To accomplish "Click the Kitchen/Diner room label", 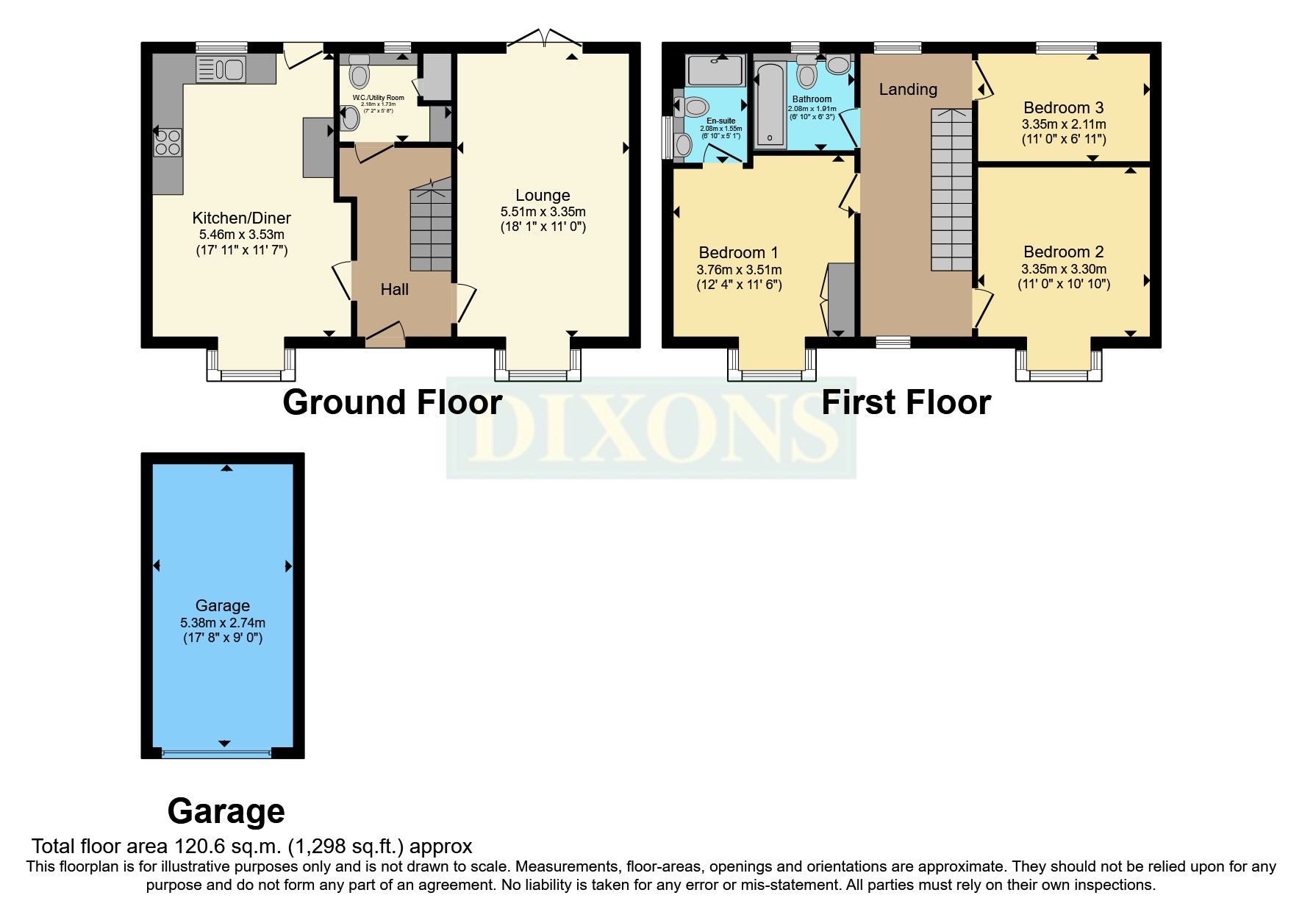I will (241, 218).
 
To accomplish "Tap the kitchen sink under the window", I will (221, 70).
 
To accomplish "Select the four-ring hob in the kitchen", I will (168, 142).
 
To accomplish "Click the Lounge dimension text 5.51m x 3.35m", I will (543, 212).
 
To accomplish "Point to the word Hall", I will (394, 290).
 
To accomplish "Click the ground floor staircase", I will (430, 228).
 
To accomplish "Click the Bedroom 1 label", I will (738, 253).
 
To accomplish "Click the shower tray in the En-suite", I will (715, 71).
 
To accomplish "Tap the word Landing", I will (908, 90).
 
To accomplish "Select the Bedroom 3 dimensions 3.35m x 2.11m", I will (1063, 124).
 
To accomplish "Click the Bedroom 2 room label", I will (1063, 252).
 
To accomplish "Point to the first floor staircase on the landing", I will (951, 191).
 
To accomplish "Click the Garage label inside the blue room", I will (222, 605).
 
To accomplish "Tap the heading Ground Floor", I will (392, 403).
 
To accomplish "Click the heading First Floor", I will (905, 403).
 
